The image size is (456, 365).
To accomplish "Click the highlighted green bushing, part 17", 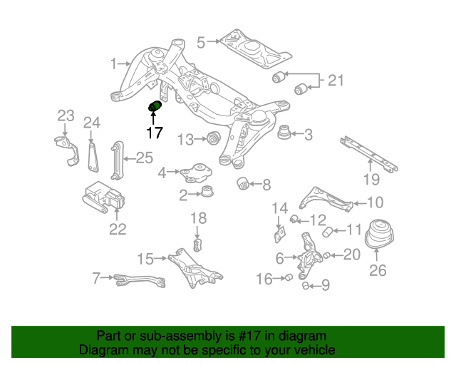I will pos(155,108).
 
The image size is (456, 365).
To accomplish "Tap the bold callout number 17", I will pos(155,132).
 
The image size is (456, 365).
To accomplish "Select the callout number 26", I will pos(377,270).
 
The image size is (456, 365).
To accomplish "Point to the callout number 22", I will pos(118,229).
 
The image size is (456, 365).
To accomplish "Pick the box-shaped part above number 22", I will pos(104,197).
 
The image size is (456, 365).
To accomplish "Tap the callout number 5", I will pos(201,43).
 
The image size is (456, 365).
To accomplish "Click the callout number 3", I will pos(309,134).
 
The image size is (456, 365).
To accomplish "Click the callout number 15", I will pos(146,257).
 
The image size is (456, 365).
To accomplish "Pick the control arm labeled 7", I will pos(139,279).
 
